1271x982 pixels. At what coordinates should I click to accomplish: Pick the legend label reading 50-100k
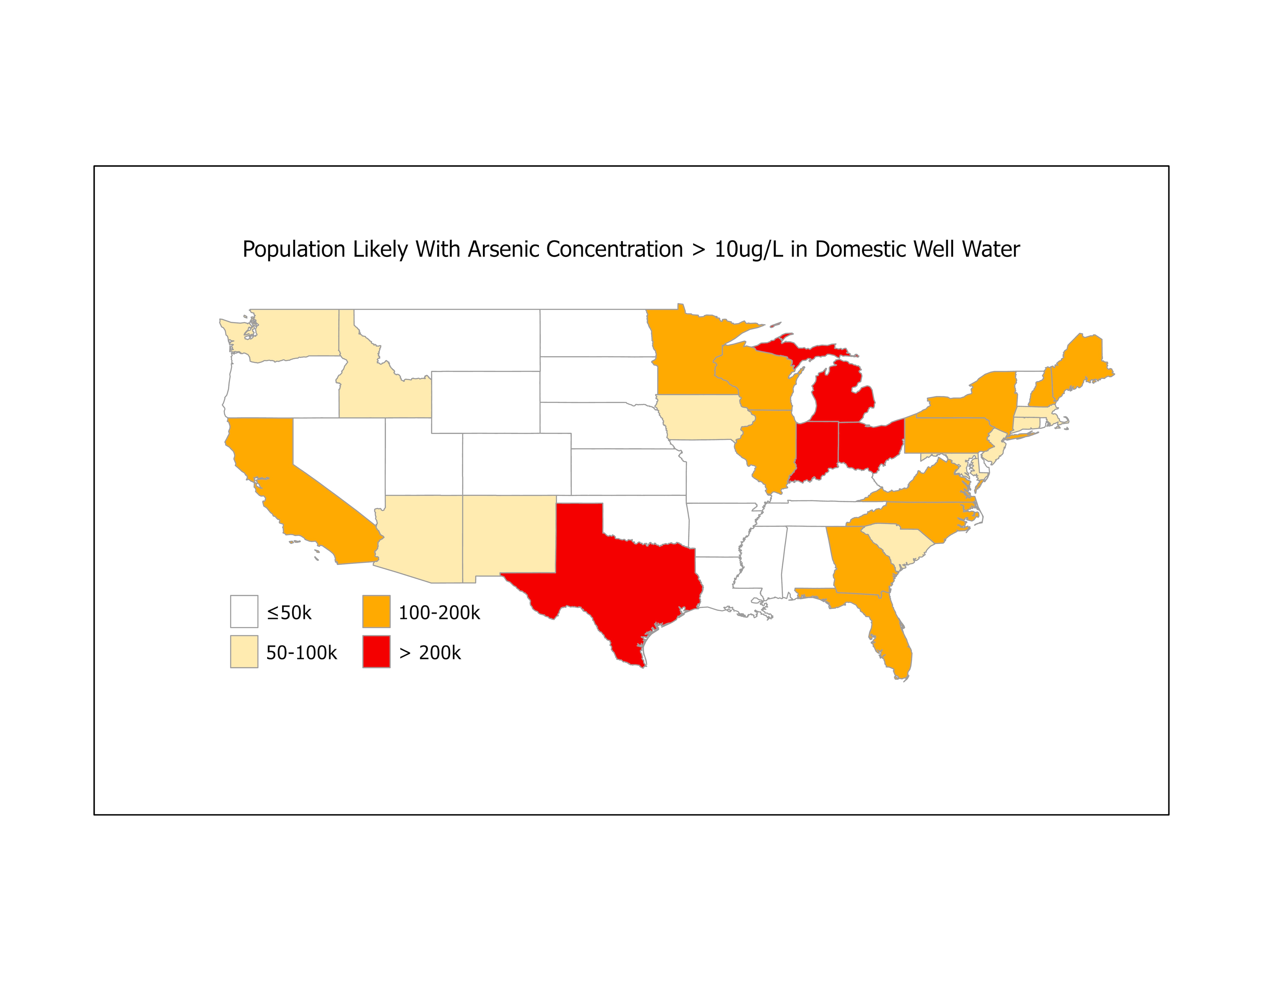pyautogui.click(x=301, y=653)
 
